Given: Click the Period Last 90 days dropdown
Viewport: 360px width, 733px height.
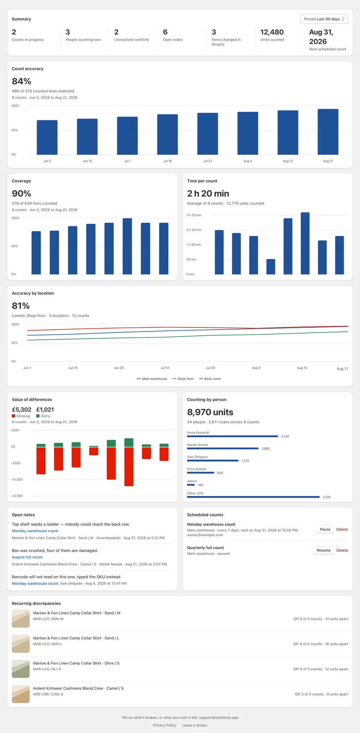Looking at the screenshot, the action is tap(324, 19).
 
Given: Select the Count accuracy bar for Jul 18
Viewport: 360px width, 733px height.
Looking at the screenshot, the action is tap(167, 135).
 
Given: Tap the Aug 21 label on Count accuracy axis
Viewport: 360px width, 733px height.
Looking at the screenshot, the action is tap(328, 161).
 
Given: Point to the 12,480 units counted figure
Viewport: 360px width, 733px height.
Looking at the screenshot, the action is tap(272, 32).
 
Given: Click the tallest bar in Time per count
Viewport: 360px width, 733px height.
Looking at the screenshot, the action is tap(305, 243).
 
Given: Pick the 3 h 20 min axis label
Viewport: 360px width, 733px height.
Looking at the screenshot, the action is tap(194, 215).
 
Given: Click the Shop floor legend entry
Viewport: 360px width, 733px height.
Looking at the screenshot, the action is tap(183, 379).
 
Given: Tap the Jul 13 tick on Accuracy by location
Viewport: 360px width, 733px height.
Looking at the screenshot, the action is tap(165, 368).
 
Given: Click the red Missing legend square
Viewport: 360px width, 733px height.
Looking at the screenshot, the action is tap(14, 416).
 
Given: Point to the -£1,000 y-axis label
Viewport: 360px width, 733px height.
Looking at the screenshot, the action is tap(17, 480).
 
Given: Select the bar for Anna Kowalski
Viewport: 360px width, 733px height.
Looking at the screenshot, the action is tap(233, 436).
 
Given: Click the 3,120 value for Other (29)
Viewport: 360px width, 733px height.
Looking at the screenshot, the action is tap(327, 497).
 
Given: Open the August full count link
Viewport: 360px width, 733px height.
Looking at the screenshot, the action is tap(27, 557).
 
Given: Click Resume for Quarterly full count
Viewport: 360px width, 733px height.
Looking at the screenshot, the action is tap(324, 550).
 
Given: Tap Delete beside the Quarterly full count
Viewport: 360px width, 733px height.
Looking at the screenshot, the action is tap(342, 550).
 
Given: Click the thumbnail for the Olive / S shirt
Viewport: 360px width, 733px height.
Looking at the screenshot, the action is tap(21, 669).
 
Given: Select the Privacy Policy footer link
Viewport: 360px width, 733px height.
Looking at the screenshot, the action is tap(165, 725).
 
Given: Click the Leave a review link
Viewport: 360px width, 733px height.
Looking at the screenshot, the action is tap(194, 725).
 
